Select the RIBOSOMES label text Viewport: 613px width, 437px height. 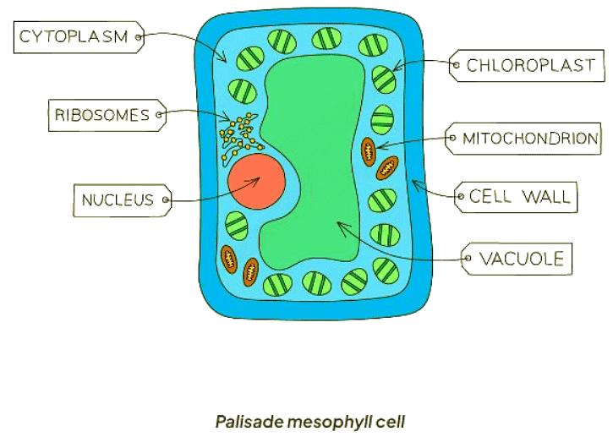pos(102,115)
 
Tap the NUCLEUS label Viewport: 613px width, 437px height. pos(118,200)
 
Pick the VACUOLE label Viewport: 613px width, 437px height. pos(521,259)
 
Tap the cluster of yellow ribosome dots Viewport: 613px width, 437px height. pos(236,131)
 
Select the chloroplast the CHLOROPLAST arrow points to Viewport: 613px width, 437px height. pos(383,79)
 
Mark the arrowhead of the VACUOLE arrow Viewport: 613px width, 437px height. pos(339,224)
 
